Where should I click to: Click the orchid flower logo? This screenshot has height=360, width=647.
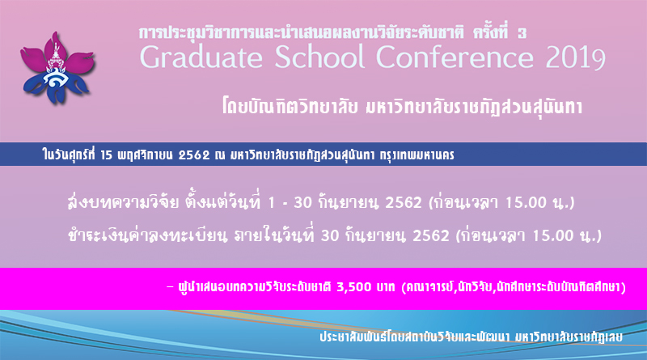[x=57, y=68]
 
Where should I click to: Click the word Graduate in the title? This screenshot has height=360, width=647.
[x=201, y=57]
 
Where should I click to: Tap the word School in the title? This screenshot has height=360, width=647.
[x=319, y=56]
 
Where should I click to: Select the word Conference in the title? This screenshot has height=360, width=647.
[x=455, y=56]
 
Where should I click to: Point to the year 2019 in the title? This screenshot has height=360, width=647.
[x=576, y=57]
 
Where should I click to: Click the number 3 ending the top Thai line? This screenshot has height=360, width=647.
[x=522, y=33]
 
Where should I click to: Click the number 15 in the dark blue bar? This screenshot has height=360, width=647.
[x=106, y=155]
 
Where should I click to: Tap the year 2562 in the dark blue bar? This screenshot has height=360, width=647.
[x=194, y=155]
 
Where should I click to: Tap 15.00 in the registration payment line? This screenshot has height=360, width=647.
[x=553, y=235]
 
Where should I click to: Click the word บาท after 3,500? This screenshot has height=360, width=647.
[x=386, y=287]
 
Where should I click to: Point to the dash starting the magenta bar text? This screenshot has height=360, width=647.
[x=170, y=286]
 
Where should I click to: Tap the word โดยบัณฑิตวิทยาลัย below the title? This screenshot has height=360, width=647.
[x=290, y=108]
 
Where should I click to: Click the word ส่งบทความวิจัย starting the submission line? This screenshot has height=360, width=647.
[x=124, y=202]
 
